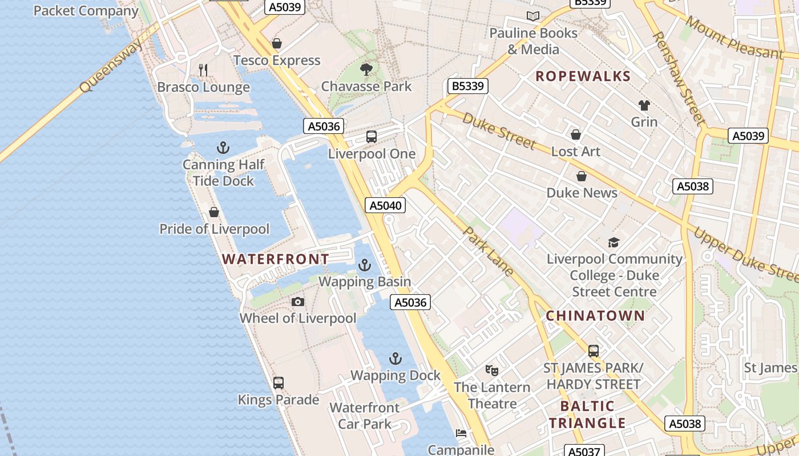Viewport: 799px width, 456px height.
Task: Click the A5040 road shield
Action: (386, 205)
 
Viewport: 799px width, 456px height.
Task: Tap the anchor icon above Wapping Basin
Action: (364, 265)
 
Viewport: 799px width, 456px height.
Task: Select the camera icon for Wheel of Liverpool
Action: (298, 302)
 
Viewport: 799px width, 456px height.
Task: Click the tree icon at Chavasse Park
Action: (366, 70)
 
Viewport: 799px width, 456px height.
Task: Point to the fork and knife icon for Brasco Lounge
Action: (203, 70)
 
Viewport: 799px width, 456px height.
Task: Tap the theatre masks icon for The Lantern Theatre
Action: (492, 370)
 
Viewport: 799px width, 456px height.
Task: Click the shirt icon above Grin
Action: (644, 105)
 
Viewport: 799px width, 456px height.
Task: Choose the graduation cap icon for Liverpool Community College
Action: (614, 242)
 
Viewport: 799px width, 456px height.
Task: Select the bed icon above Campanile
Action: (461, 433)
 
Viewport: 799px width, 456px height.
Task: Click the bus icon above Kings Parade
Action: (279, 383)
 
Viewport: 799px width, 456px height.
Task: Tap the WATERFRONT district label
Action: (275, 259)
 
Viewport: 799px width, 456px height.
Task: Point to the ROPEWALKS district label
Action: (583, 76)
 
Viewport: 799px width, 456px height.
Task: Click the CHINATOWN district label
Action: (595, 316)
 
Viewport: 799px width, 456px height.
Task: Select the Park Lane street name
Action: (489, 251)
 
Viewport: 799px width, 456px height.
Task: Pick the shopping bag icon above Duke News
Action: (582, 177)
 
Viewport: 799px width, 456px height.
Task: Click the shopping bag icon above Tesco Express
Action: (277, 43)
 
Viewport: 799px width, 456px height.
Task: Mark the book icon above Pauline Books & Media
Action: (533, 17)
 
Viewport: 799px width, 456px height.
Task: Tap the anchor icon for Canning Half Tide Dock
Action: (223, 148)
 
